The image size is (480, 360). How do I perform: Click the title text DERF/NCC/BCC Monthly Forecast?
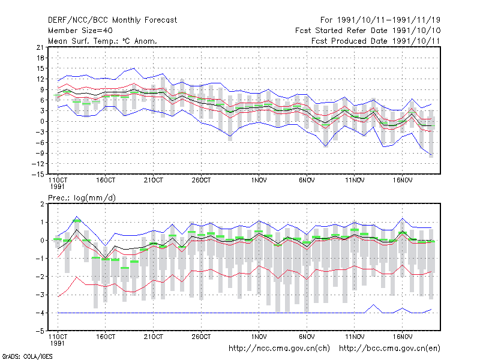click(x=112, y=20)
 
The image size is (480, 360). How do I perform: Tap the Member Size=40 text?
click(x=80, y=31)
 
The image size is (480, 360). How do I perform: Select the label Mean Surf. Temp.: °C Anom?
click(x=103, y=41)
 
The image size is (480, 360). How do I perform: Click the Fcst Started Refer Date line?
click(x=368, y=31)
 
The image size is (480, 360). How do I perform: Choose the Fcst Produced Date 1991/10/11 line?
click(x=376, y=41)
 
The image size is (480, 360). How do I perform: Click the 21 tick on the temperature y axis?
click(x=40, y=47)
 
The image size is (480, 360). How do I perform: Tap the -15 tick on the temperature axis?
click(x=38, y=174)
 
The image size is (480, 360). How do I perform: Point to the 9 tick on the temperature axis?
click(x=42, y=89)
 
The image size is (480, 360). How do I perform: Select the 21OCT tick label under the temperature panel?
click(x=154, y=180)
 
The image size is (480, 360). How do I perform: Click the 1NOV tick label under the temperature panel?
click(x=259, y=180)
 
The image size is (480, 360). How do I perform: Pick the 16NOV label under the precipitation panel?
click(x=403, y=337)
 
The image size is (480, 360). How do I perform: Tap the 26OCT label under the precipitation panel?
click(x=201, y=337)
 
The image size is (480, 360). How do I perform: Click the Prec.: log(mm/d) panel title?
click(x=82, y=198)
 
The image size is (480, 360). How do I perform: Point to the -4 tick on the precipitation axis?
click(x=40, y=313)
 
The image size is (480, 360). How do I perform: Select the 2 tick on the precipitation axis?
click(x=42, y=204)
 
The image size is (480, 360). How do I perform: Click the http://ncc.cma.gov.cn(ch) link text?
click(x=280, y=349)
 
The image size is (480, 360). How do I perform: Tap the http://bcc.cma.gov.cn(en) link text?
click(x=389, y=349)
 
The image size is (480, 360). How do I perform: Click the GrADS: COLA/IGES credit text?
click(x=27, y=356)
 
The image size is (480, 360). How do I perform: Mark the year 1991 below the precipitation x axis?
click(x=57, y=343)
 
